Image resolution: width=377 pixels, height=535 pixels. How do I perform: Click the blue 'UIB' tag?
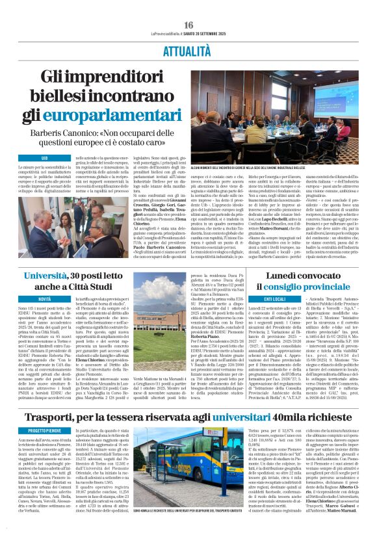[x=44, y=158]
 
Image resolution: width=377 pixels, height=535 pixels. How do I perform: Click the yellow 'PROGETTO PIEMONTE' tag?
[x=45, y=430]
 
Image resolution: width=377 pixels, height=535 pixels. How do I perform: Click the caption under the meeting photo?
[x=269, y=167]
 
